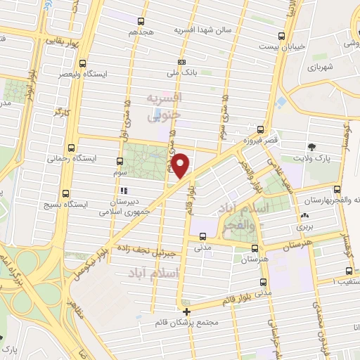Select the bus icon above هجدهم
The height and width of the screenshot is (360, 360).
click(x=141, y=21)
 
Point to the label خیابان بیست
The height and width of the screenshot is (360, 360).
click(x=281, y=47)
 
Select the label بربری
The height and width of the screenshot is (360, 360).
click(x=304, y=227)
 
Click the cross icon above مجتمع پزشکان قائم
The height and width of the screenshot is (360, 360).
click(x=186, y=311)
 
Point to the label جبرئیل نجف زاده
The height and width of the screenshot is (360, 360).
click(x=152, y=249)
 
